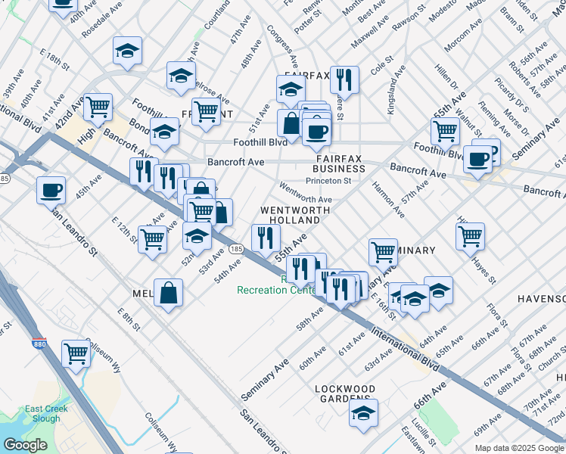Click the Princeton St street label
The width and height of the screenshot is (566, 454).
[328, 181]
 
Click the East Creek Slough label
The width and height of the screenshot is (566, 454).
[42, 414]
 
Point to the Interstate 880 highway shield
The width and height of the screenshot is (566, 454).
[39, 344]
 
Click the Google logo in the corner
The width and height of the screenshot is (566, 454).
[24, 445]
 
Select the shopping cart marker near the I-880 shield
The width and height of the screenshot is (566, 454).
[76, 353]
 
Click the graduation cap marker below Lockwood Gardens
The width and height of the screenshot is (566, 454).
[364, 413]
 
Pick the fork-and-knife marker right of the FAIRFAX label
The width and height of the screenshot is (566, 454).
[345, 78]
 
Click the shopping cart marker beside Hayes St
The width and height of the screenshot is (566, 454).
[471, 236]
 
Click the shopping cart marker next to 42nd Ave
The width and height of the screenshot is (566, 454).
[98, 107]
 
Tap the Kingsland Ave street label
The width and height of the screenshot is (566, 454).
[398, 89]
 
